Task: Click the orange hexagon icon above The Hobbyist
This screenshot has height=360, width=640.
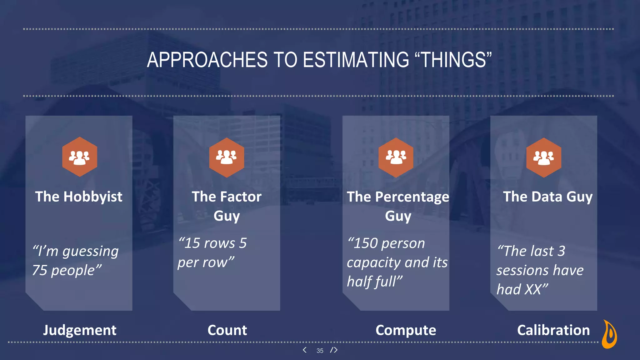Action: (x=79, y=157)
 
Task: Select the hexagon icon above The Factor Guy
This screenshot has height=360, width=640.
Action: (x=227, y=157)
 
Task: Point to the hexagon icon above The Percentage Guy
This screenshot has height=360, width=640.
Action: (x=396, y=157)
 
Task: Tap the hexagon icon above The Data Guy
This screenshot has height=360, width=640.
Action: (x=543, y=157)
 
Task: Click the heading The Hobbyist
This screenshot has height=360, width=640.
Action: (x=79, y=197)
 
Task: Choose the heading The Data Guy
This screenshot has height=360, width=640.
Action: (x=547, y=197)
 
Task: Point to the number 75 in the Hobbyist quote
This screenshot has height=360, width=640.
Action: (x=40, y=271)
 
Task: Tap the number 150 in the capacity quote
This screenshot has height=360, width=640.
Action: (x=365, y=243)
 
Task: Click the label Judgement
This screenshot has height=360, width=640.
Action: (x=80, y=330)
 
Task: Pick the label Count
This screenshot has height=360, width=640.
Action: (x=227, y=330)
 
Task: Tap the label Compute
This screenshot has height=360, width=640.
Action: (x=406, y=330)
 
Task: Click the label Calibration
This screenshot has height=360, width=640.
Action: (x=553, y=330)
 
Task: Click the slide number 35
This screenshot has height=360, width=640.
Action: (x=320, y=351)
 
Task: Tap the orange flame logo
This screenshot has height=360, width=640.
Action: (x=609, y=334)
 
